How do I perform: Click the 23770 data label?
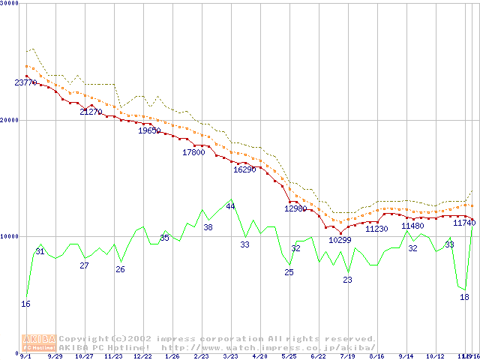pyautogui.click(x=25, y=82)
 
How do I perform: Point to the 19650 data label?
pyautogui.click(x=149, y=130)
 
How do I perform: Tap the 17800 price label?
pyautogui.click(x=193, y=152)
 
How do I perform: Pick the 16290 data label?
pyautogui.click(x=244, y=169)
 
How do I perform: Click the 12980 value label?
pyautogui.click(x=295, y=208)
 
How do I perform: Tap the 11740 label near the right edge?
pyautogui.click(x=465, y=222)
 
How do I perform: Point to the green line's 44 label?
pyautogui.click(x=230, y=205)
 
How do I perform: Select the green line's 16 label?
pyautogui.click(x=26, y=304)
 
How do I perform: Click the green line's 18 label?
pyautogui.click(x=464, y=297)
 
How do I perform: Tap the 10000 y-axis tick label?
pyautogui.click(x=10, y=236)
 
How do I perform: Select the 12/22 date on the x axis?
pyautogui.click(x=142, y=357)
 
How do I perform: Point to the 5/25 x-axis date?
pyautogui.click(x=289, y=357)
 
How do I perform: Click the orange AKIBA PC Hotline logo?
pyautogui.click(x=39, y=343)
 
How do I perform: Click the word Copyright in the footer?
pyautogui.click(x=84, y=339)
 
